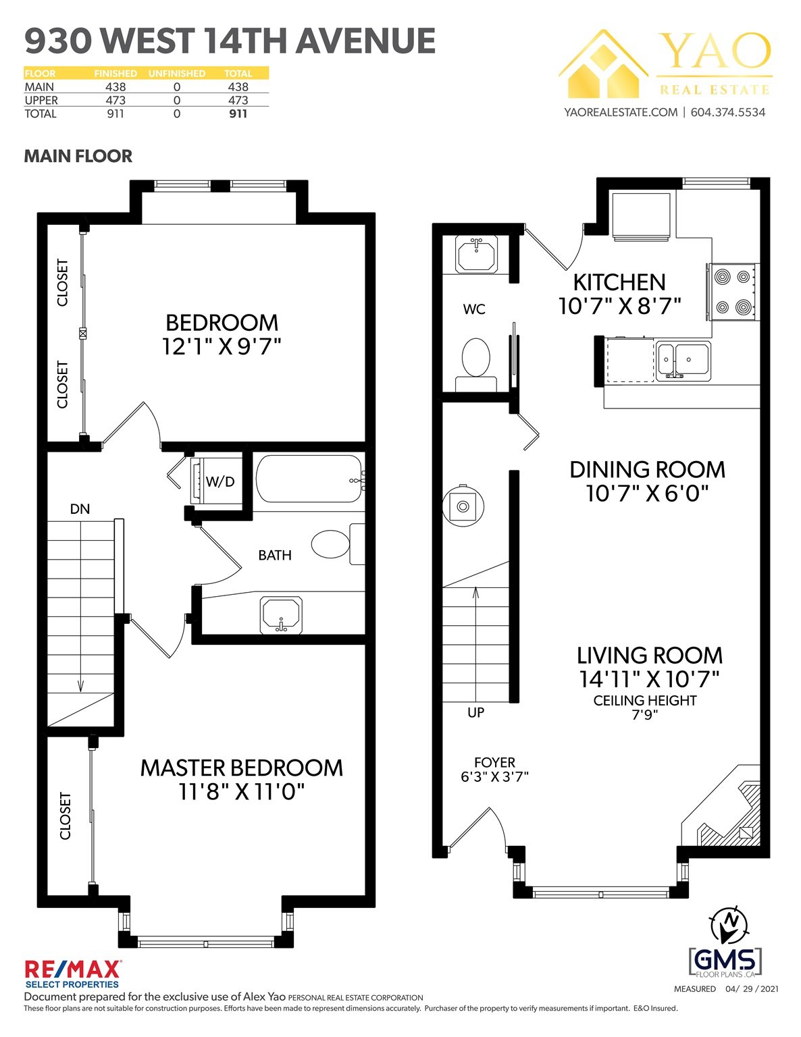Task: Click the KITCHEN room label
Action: [619, 282]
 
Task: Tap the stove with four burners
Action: [732, 292]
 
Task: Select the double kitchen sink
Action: [683, 361]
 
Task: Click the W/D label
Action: [220, 481]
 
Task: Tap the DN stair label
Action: [80, 509]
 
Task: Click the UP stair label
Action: [476, 712]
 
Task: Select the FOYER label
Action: [494, 763]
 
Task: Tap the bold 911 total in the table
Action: [238, 113]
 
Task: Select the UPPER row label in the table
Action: [41, 100]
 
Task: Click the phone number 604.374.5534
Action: [728, 112]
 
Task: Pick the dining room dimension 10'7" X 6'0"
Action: [647, 494]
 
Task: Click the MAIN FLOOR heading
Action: [78, 156]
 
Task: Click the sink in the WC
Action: [477, 254]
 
